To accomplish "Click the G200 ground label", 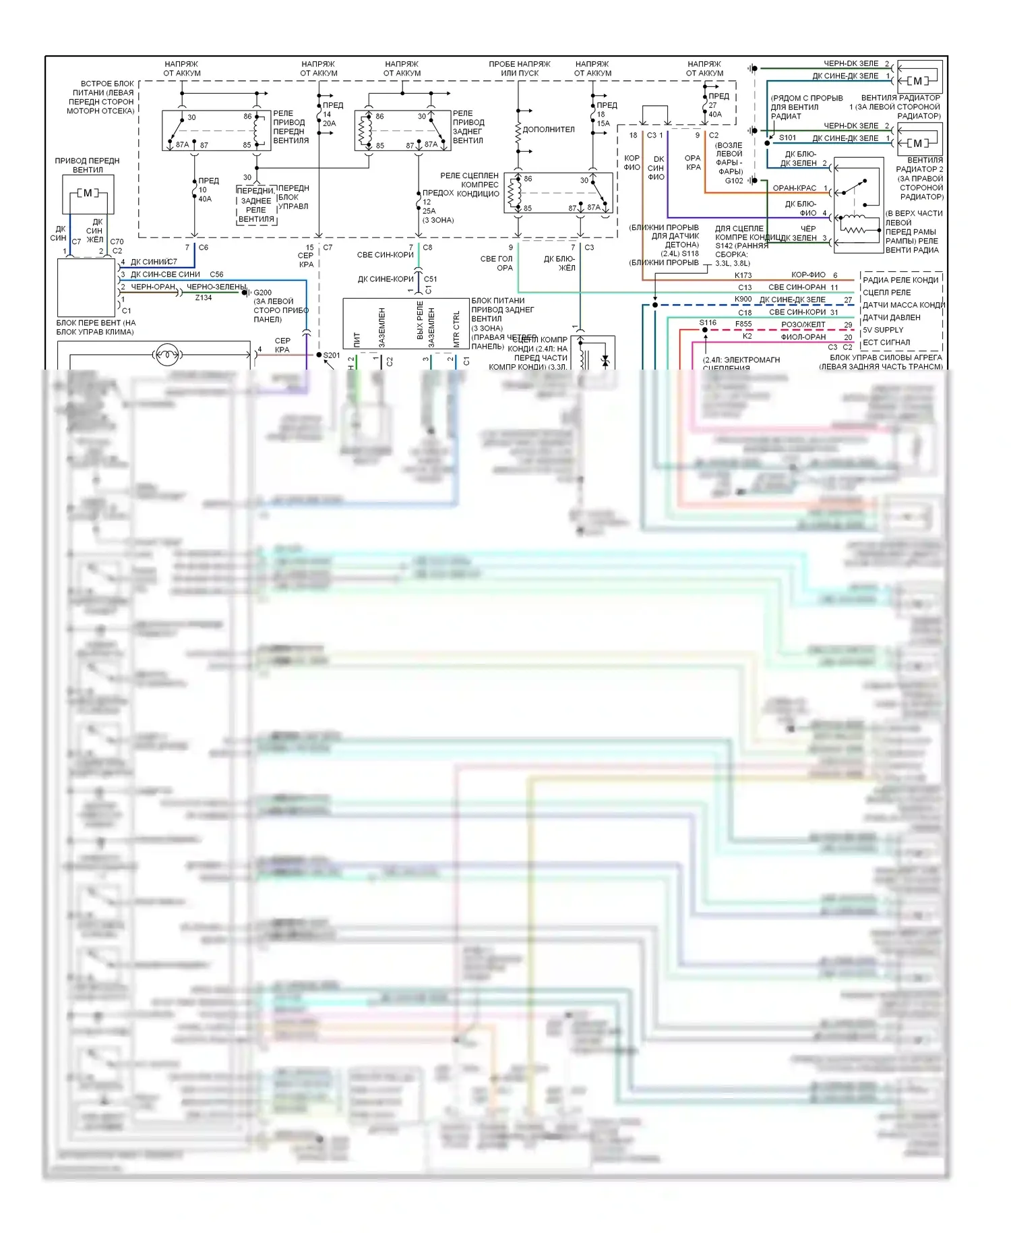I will [262, 293].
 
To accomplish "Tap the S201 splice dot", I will [319, 355].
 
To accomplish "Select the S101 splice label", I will [787, 138].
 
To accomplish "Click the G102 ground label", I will [733, 181].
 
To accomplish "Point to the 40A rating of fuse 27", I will [715, 115].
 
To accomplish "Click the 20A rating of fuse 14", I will [329, 123].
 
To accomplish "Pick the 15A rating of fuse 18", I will [603, 123].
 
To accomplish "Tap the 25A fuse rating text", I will [429, 211].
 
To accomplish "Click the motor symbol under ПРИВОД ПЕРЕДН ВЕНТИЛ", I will [88, 194].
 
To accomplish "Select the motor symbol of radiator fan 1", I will [917, 81].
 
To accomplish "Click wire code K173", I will [743, 275].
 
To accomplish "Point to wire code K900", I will [743, 299].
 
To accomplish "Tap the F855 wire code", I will [743, 324].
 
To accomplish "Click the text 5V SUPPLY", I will [883, 330].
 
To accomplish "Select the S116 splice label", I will [707, 322].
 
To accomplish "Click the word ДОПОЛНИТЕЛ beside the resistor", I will [549, 130].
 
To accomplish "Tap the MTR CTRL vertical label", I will [456, 328].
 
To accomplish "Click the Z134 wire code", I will [203, 297].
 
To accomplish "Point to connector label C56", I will [216, 275].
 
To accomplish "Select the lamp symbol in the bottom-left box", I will [166, 354].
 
